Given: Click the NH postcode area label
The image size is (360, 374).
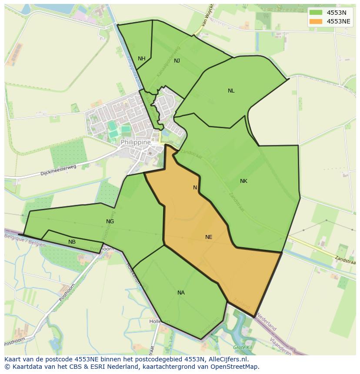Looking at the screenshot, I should [142, 59].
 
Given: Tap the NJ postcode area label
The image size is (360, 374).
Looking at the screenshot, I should [177, 61].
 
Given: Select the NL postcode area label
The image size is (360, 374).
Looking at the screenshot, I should [231, 91].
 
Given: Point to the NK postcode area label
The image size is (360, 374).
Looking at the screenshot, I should [243, 181].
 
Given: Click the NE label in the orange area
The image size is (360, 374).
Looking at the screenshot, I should [209, 237].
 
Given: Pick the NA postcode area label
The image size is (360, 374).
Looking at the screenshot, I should [181, 293].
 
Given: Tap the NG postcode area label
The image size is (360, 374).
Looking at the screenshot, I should [110, 222].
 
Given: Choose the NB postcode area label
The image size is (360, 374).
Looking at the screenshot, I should [72, 242].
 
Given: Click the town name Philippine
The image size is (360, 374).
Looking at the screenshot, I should [136, 142].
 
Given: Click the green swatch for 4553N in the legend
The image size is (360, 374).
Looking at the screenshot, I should [316, 13].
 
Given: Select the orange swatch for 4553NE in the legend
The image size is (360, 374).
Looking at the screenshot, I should [316, 21].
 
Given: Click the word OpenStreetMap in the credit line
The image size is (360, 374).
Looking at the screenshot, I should [234, 367].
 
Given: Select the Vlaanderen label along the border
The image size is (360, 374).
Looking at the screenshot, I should [280, 346].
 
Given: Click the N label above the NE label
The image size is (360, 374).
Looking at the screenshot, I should [195, 188].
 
